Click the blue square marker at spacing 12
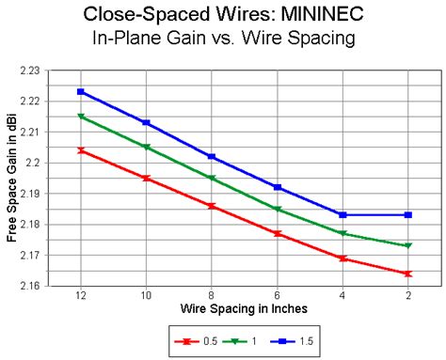[x=81, y=92]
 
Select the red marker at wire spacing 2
[x=407, y=274]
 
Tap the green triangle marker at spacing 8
[x=212, y=178]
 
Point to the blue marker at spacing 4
[x=342, y=215]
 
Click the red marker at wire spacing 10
[x=146, y=178]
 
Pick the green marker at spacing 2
[x=407, y=246]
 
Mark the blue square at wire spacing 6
[x=277, y=187]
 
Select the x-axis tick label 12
[x=81, y=295]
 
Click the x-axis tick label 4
[x=342, y=295]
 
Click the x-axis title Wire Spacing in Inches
[x=244, y=308]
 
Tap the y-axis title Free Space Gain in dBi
[x=12, y=178]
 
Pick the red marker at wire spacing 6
[x=277, y=233]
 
